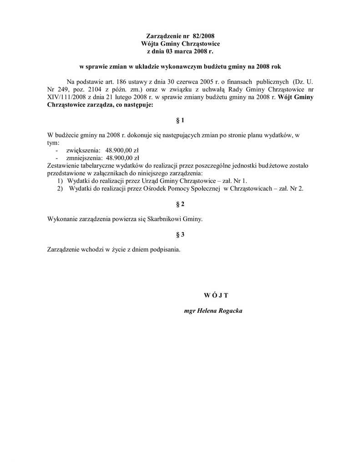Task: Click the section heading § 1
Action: coord(180,121)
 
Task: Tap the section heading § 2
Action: coord(180,204)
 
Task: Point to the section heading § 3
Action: coord(180,235)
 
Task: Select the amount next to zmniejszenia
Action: coord(122,158)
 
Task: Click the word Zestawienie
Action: coord(65,166)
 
